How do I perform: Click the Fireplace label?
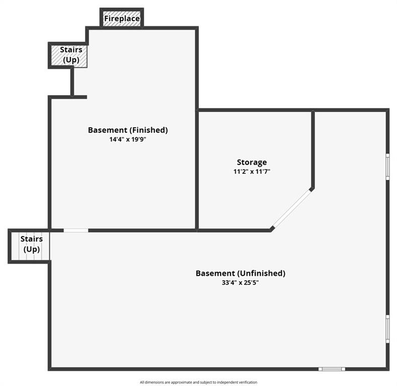[122, 19]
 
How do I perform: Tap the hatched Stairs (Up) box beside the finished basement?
[69, 56]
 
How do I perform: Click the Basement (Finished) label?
[128, 130]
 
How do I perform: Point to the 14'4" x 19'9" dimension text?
[128, 139]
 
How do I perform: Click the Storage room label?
[252, 162]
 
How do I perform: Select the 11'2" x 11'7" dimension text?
[252, 171]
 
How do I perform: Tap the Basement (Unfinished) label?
[240, 273]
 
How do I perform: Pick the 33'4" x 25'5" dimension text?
[240, 282]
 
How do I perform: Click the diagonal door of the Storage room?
[291, 209]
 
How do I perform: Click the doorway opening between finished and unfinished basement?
[76, 230]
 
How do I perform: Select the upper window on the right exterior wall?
[387, 166]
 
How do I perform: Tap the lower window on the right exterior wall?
[387, 329]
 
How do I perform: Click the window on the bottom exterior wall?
[332, 369]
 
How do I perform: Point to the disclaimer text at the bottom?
[198, 382]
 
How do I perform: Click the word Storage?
[252, 162]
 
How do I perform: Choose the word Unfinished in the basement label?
[261, 273]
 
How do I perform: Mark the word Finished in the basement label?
[149, 130]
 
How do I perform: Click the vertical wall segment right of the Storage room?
[313, 150]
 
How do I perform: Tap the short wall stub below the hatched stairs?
[72, 81]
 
